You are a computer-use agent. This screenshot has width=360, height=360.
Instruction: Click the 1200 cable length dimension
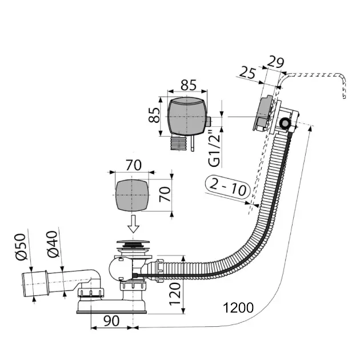click(x=238, y=308)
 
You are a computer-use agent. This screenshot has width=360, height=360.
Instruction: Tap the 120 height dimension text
click(x=175, y=294)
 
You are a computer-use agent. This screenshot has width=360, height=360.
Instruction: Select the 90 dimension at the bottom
click(x=111, y=321)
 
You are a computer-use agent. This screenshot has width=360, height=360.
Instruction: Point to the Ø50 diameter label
click(x=21, y=247)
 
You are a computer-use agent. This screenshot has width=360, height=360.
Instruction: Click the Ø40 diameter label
click(x=53, y=244)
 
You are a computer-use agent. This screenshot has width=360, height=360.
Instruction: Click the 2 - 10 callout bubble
click(x=227, y=187)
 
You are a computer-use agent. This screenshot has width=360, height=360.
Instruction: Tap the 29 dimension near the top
click(x=275, y=62)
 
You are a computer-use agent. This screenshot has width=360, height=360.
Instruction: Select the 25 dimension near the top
click(x=247, y=73)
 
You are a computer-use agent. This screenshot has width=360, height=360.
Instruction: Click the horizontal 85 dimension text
click(x=189, y=85)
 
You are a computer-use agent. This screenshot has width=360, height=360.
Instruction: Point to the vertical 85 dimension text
click(x=154, y=115)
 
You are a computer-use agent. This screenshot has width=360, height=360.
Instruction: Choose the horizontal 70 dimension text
click(x=133, y=165)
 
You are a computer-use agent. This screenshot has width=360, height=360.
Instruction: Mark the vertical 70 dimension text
click(x=165, y=194)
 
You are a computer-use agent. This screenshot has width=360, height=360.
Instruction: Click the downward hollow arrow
click(x=133, y=223)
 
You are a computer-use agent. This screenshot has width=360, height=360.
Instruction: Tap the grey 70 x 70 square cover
click(x=132, y=195)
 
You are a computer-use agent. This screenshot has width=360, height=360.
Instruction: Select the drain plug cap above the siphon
click(x=133, y=242)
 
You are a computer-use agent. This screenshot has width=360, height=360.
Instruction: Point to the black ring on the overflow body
click(x=285, y=123)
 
